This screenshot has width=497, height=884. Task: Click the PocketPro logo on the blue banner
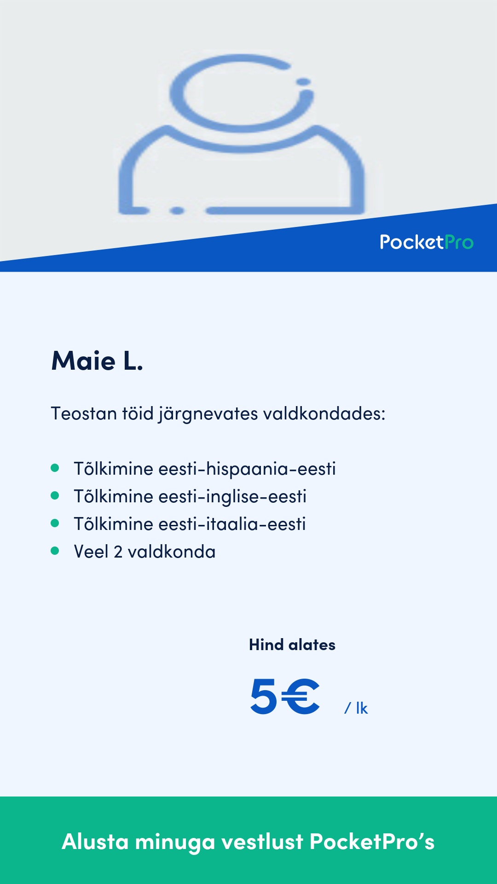coord(427,242)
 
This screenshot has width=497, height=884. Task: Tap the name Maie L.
coord(97,361)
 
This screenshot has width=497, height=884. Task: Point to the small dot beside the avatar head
coord(303,82)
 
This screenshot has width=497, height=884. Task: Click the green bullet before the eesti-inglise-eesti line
coord(55,496)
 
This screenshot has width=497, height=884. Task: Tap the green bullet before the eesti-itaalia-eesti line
coord(55,523)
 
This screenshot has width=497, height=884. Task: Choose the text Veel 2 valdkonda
coord(144,552)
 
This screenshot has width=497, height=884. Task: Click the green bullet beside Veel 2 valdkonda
coord(55,551)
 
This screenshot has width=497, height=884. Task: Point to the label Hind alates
coord(292,645)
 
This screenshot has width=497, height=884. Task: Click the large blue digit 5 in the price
coord(264,697)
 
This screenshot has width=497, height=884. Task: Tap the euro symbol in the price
coord(301,697)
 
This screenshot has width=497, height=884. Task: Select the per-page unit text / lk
coord(356,708)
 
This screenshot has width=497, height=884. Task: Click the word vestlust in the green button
coord(262,842)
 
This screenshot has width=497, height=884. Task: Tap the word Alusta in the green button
coord(95,842)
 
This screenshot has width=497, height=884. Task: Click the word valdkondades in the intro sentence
coord(324,413)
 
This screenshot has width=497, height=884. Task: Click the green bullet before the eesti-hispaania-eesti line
coord(55,468)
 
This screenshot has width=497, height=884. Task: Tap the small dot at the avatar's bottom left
coord(177,211)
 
